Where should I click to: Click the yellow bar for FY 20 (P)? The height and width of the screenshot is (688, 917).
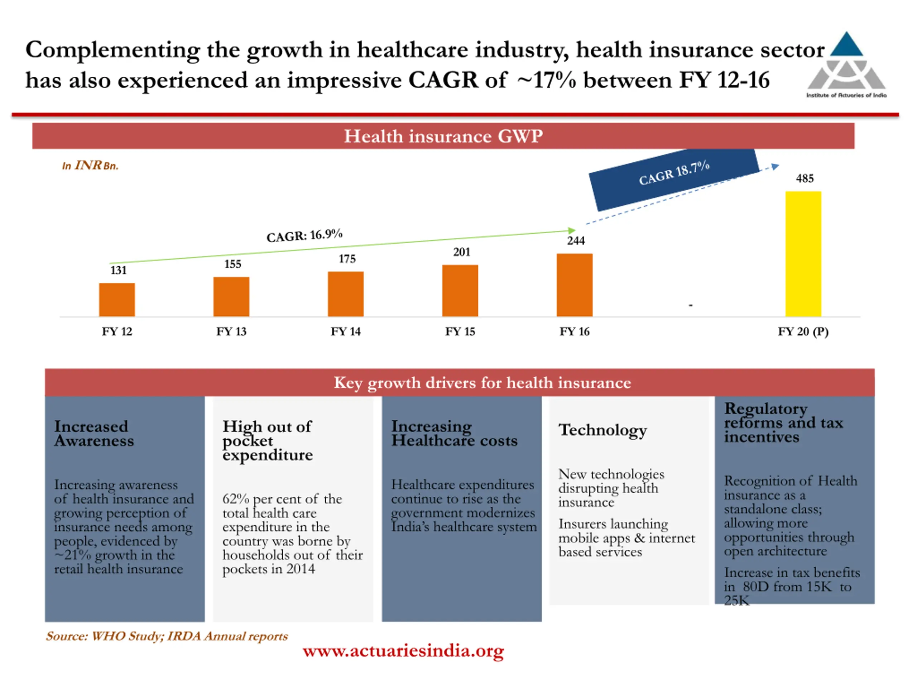pos(803,254)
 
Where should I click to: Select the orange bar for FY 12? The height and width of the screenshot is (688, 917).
pos(117,300)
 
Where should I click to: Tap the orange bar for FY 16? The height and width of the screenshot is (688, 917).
pos(575,285)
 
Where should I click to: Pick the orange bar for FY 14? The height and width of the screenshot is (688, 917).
pos(346,294)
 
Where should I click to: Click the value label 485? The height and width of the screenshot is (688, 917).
pos(805,179)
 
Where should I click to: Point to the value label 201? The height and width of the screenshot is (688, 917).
pos(461,252)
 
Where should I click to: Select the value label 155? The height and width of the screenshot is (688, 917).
pos(232,264)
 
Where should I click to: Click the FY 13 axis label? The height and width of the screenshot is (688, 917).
pos(231,332)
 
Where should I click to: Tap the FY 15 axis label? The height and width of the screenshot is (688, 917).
pos(460,332)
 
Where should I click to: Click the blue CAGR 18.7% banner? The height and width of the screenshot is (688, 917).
pos(674,178)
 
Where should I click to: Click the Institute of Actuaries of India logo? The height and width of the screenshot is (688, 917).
pos(846,64)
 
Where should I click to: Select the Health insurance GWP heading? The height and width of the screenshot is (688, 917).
pos(443,136)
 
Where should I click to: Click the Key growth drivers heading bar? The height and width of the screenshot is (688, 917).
pos(482,382)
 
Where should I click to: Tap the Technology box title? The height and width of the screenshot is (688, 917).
pos(602,430)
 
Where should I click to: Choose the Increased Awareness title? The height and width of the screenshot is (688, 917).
pos(94,433)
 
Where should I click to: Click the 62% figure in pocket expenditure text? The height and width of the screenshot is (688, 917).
pos(235,499)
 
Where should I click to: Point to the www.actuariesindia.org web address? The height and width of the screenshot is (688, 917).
pos(403,651)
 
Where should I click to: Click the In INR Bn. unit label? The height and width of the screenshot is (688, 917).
pos(90,166)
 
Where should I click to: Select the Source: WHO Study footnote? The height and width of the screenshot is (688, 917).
pos(167,636)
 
